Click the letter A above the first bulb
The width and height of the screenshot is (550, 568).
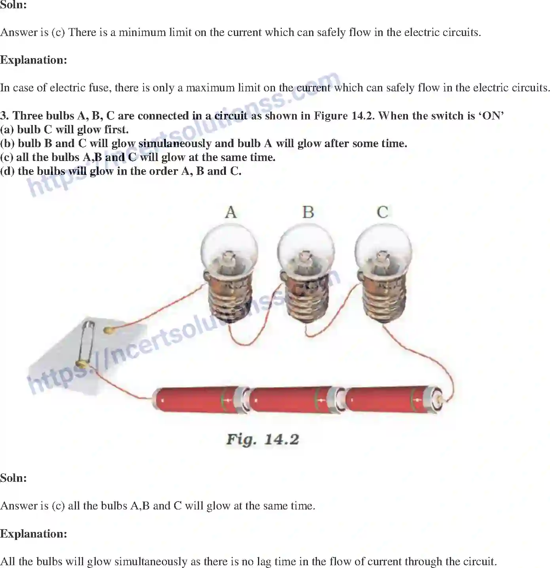[x=231, y=212]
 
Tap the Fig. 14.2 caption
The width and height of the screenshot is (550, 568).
[x=262, y=439]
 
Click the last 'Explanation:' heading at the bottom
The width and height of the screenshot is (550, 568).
[x=34, y=534]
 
